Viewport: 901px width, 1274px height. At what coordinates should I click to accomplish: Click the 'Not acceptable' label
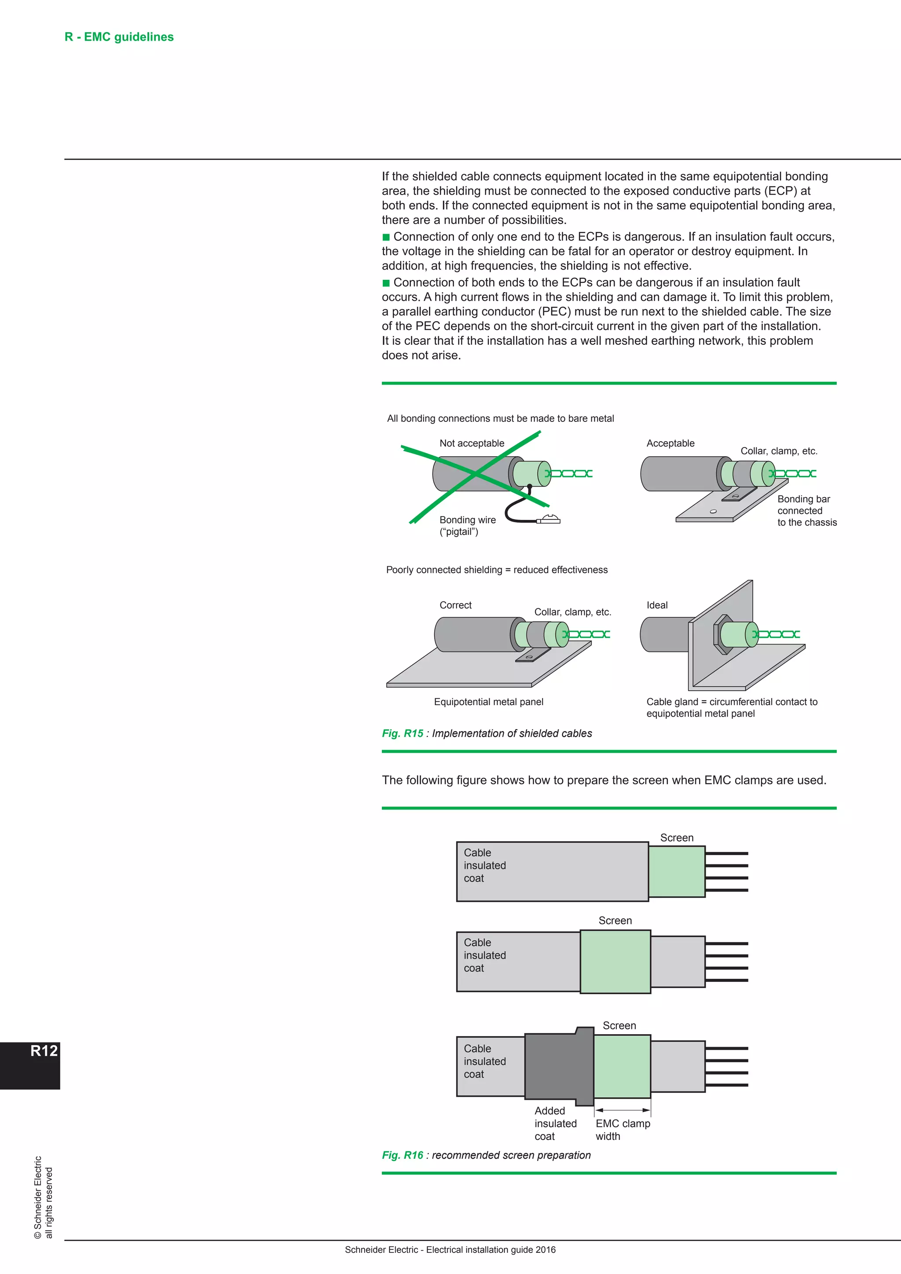click(472, 443)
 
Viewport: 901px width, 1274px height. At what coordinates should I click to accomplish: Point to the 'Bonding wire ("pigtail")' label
click(467, 525)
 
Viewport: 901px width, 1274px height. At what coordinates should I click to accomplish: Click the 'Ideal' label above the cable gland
click(657, 605)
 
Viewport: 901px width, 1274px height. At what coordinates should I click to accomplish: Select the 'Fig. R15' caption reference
click(402, 733)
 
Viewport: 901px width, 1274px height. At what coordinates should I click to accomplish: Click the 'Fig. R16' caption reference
click(402, 1155)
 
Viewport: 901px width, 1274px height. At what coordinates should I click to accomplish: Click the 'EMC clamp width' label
click(622, 1129)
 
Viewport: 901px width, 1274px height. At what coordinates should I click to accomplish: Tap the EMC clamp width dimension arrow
click(622, 1110)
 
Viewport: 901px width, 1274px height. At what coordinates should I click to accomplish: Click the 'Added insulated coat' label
click(555, 1123)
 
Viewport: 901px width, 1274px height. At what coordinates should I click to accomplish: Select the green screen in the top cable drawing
click(676, 871)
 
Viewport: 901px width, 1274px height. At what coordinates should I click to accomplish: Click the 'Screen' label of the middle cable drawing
click(615, 921)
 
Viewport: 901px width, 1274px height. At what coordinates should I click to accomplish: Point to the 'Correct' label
click(455, 605)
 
